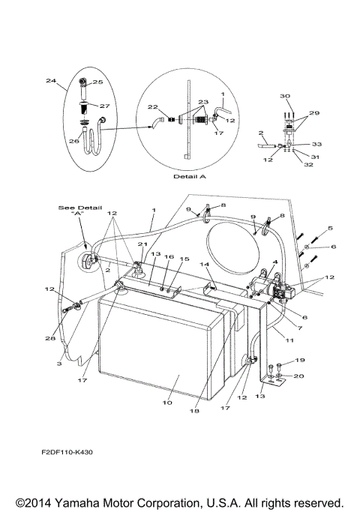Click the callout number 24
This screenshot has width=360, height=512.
(50, 80)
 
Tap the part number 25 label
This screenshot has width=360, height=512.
(97, 82)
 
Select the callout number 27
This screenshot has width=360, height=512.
(105, 106)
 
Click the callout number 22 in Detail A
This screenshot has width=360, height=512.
(151, 107)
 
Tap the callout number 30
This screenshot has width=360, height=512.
(284, 96)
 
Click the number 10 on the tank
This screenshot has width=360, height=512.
(166, 403)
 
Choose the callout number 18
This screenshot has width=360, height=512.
(196, 412)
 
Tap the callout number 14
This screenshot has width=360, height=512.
(204, 265)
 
